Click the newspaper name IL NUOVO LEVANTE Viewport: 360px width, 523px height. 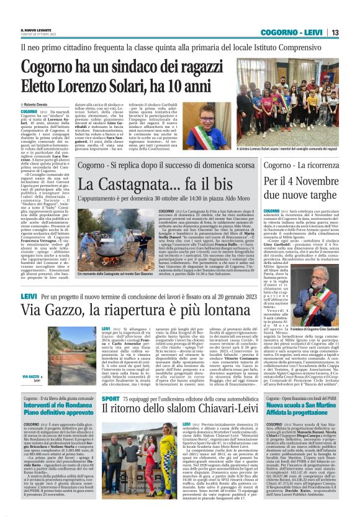[37, 30]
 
